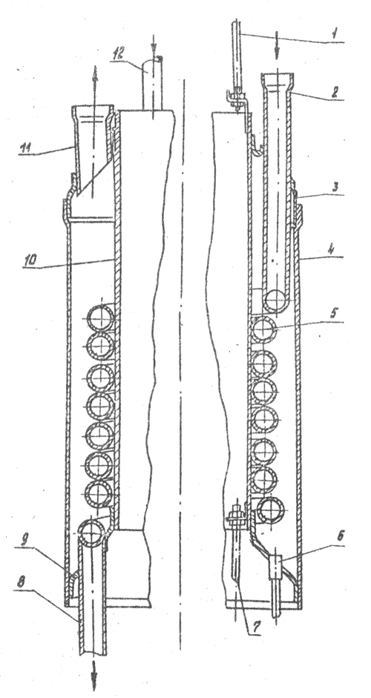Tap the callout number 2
point(335,92)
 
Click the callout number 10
point(30,260)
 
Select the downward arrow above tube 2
point(277,46)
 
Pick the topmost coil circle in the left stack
point(101,317)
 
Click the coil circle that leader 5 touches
point(263,330)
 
